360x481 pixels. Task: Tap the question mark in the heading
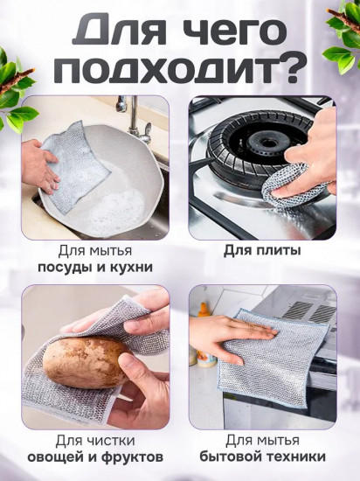coord(291,68)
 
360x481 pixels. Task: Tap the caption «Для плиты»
coord(262,251)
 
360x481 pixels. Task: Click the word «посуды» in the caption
coord(66,268)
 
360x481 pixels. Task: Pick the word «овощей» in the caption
coord(56,457)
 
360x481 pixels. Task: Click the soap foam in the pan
coord(122,209)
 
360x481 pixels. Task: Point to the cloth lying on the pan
coord(75,167)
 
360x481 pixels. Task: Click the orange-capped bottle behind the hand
coord(203,333)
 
